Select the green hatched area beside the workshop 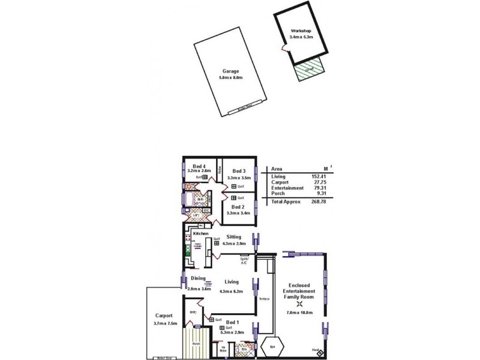(308, 72)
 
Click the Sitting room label (234, 237)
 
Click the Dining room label (199, 278)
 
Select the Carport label (163, 316)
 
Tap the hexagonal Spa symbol (273, 347)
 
